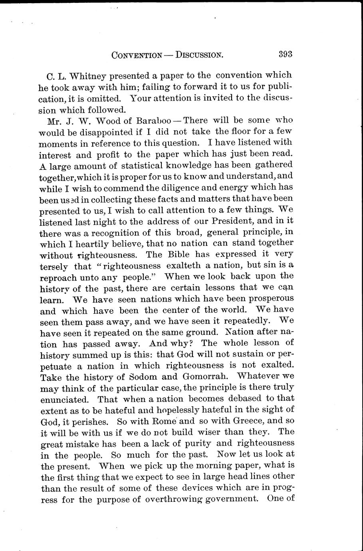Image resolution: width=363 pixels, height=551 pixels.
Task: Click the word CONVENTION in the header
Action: tap(137, 55)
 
